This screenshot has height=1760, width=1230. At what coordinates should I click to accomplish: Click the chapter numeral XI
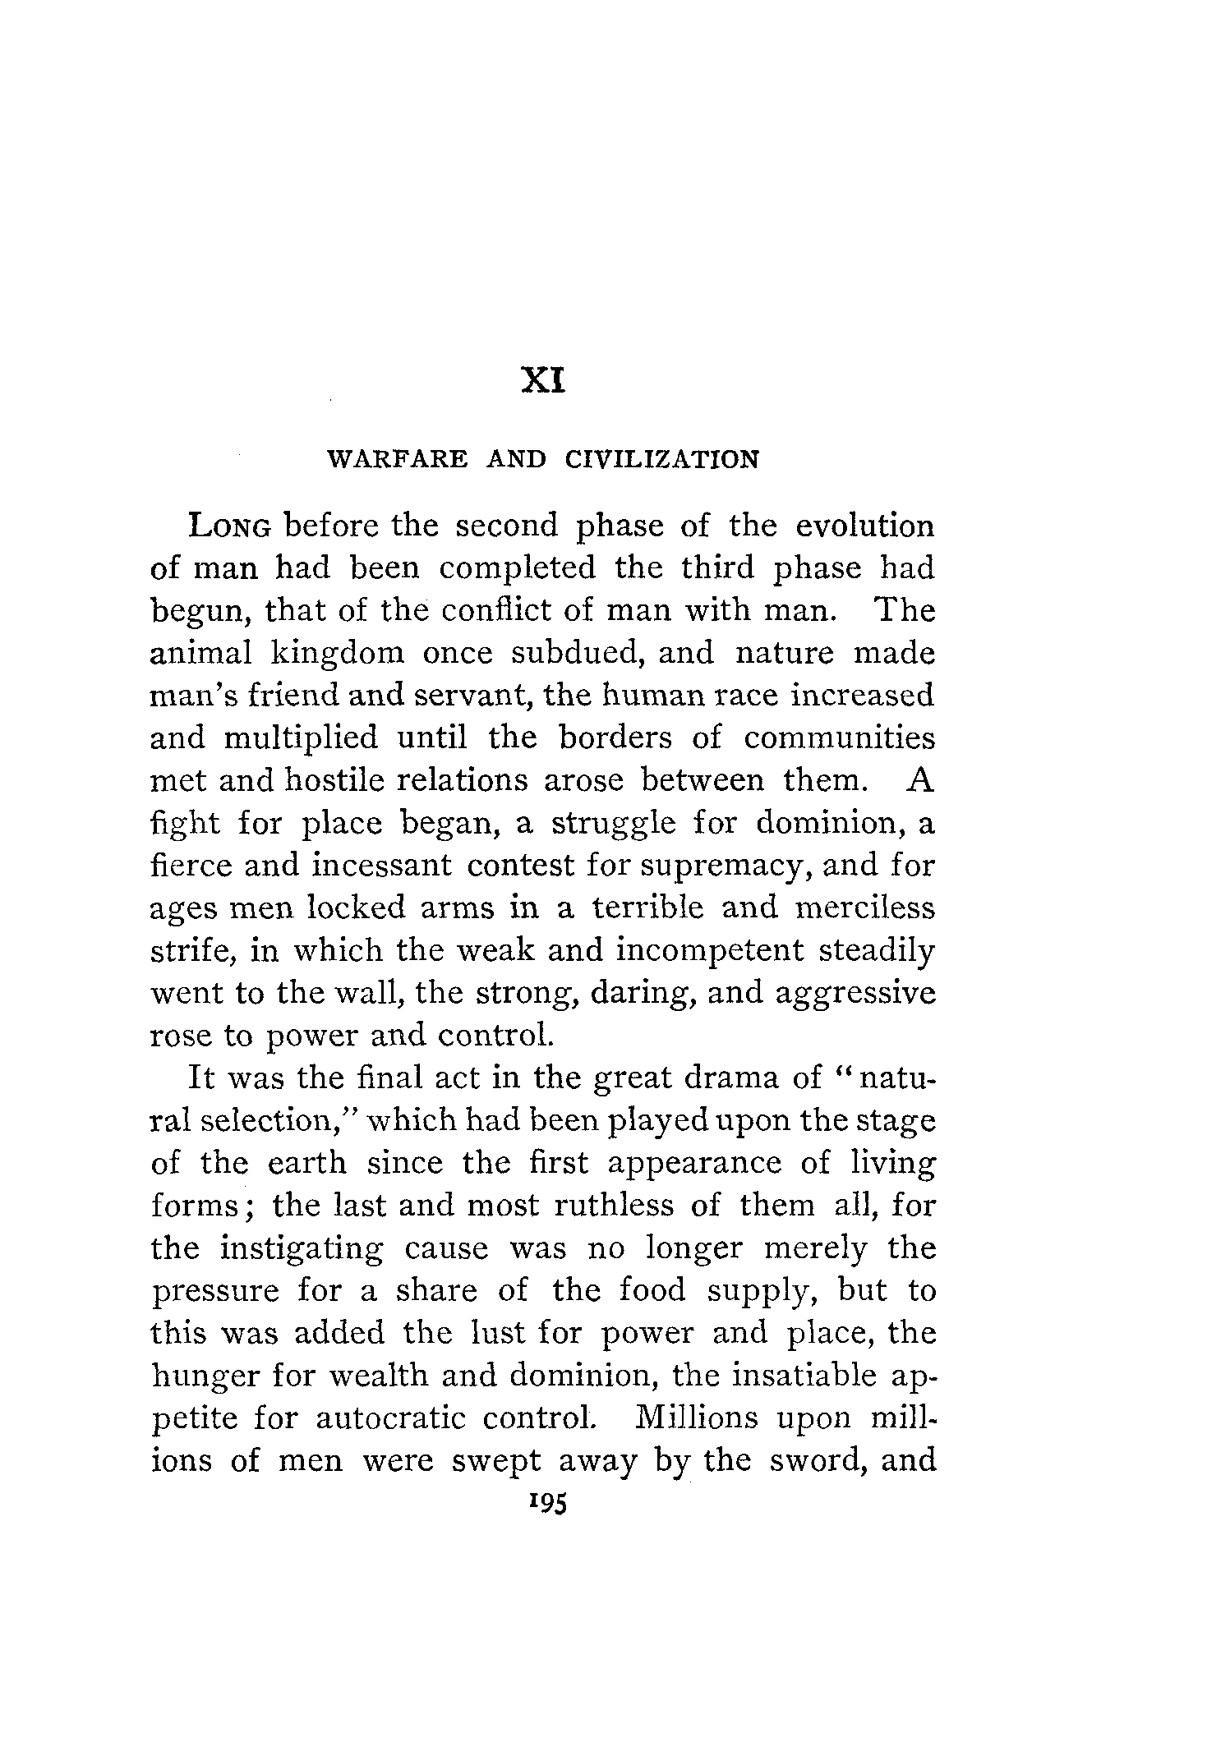543,381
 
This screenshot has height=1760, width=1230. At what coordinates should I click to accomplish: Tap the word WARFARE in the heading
398,459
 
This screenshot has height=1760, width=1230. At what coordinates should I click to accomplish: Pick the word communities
840,739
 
